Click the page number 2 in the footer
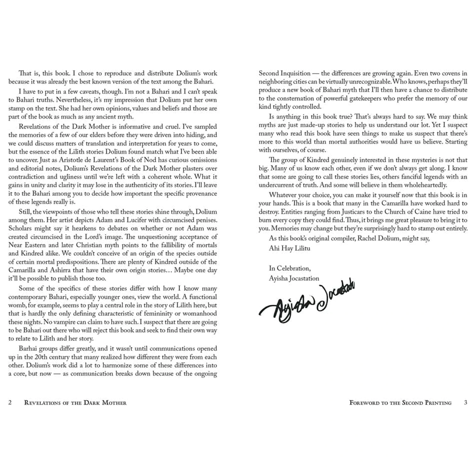(10, 403)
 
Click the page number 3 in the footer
(466, 403)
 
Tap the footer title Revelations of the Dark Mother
(75, 403)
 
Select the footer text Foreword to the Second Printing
(400, 403)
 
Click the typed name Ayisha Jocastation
(294, 278)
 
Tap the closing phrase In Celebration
(289, 268)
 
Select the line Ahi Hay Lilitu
(289, 248)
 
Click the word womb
(17, 305)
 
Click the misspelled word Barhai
(29, 348)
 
